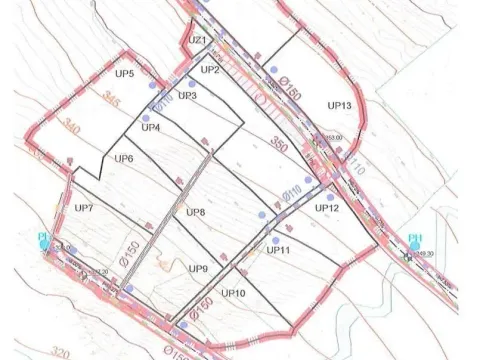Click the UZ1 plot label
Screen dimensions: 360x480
click(196, 40)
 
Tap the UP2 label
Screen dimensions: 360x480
click(209, 70)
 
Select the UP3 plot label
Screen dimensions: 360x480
click(186, 95)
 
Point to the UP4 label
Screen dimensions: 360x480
click(151, 127)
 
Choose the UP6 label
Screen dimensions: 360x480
click(124, 159)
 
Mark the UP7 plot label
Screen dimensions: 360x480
click(83, 208)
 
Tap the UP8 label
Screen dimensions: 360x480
click(195, 213)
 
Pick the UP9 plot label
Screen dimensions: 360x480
click(198, 269)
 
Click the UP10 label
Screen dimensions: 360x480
click(233, 293)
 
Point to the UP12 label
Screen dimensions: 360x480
click(328, 208)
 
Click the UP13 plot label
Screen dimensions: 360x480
click(339, 105)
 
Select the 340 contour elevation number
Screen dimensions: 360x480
click(71, 126)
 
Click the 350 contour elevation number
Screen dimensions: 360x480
click(276, 143)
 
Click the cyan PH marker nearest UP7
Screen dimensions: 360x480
click(44, 239)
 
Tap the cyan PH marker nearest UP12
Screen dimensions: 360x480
click(416, 240)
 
